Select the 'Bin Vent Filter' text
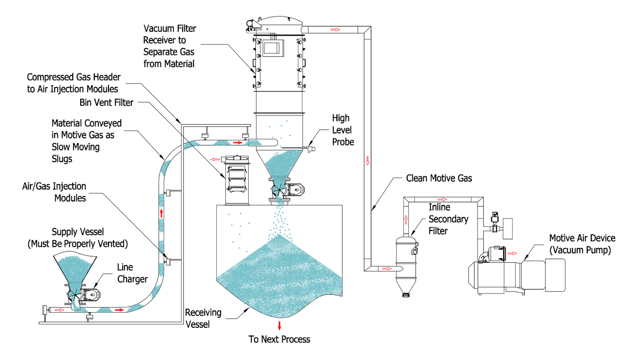point(106,103)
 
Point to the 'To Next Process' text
point(279,339)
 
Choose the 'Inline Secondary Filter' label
point(447,219)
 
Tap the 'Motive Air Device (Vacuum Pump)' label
point(582,245)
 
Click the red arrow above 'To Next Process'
point(279,326)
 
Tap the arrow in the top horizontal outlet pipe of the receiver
point(336,30)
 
